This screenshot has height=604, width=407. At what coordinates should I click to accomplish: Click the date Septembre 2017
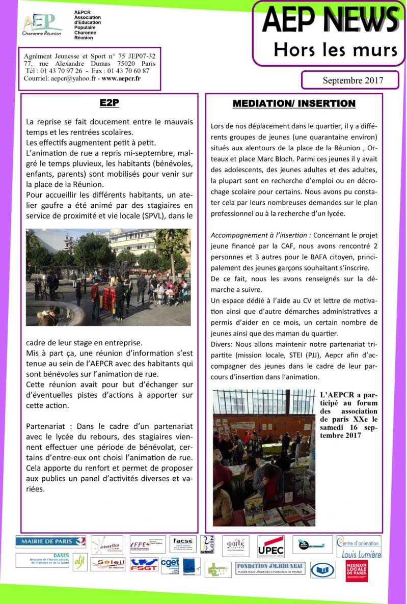click(352, 80)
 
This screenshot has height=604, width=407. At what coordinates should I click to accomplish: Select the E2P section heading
click(109, 103)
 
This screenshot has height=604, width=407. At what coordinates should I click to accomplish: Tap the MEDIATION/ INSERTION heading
click(294, 103)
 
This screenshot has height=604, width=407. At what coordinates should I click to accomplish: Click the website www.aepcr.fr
click(121, 78)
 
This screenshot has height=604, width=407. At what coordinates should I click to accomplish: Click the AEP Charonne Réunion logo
click(42, 24)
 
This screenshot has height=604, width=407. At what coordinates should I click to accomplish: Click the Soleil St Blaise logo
click(107, 564)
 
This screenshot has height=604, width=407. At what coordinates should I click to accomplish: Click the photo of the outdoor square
click(108, 277)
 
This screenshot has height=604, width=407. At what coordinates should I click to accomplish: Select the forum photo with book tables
click(264, 458)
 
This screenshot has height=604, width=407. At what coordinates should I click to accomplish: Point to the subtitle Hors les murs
click(335, 50)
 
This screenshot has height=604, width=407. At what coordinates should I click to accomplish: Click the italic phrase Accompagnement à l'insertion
click(261, 235)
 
